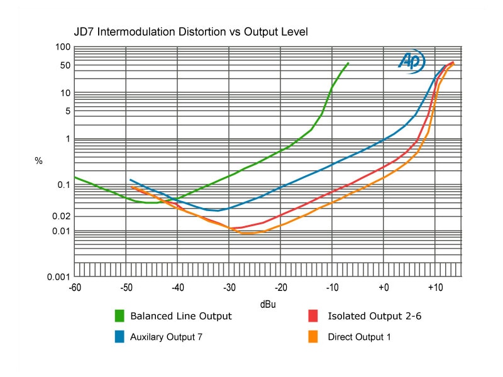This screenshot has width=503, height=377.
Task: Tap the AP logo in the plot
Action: coord(412,61)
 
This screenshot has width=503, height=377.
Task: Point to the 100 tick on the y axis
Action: coord(63,47)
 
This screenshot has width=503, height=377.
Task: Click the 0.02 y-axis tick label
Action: coord(63,216)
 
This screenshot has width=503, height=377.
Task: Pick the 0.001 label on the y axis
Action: coord(61,276)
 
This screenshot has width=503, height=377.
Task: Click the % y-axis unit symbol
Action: coord(38,161)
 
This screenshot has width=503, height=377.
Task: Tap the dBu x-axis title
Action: coord(268,304)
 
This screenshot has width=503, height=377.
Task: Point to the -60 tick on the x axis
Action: coord(75,287)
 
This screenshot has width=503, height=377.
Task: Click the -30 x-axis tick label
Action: coord(229,287)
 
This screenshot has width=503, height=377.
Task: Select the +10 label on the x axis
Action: coord(435,287)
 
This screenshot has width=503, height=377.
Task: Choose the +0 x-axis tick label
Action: coord(384,287)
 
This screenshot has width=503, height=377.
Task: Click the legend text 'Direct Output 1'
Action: coord(359,337)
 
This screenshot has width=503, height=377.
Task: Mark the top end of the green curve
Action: coord(348,63)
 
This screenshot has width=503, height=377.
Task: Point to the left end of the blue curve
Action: coord(130,180)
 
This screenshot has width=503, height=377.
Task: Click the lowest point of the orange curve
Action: coord(246,233)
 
